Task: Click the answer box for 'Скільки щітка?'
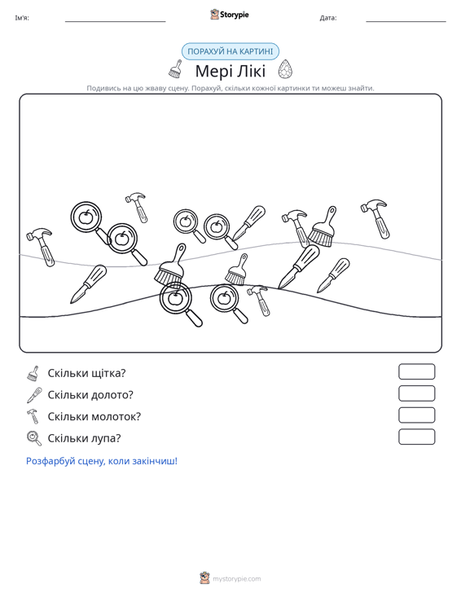click(416, 371)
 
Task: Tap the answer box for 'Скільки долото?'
click(416, 393)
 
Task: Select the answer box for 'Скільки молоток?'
click(416, 415)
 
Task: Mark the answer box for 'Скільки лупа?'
click(416, 437)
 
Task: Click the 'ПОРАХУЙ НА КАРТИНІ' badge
click(230, 51)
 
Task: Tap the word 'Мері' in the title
click(211, 71)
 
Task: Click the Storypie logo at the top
click(230, 15)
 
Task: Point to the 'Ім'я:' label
click(22, 18)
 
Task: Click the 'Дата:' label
click(328, 18)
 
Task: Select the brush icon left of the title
click(175, 69)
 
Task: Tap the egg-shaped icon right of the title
click(285, 69)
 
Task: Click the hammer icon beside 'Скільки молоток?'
click(33, 416)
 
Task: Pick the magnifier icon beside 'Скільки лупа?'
click(34, 438)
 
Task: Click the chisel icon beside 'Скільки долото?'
click(34, 395)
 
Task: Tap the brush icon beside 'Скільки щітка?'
click(33, 374)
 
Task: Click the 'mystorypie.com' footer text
click(237, 579)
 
